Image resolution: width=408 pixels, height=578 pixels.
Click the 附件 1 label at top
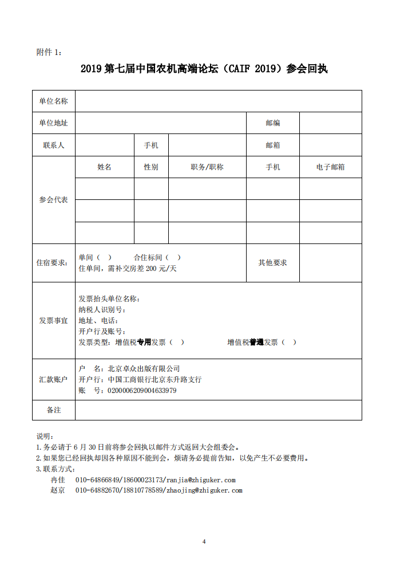(x=49, y=53)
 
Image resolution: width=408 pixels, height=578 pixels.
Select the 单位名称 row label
(x=53, y=101)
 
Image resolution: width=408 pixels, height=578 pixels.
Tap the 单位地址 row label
(x=53, y=123)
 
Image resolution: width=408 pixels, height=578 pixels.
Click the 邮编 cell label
(x=273, y=123)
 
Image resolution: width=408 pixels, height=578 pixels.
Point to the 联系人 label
(x=53, y=146)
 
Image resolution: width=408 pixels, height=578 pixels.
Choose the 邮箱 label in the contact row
(x=273, y=146)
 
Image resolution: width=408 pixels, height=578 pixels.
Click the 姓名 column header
(x=105, y=167)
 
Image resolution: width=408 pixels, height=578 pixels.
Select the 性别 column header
(x=151, y=167)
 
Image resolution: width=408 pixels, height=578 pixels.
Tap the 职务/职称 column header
(x=207, y=167)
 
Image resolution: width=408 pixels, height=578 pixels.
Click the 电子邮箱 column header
(x=330, y=167)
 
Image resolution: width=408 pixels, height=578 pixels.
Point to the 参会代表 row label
(x=53, y=200)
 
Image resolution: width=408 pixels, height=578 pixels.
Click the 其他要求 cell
(x=272, y=263)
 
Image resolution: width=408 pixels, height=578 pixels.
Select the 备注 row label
(x=53, y=410)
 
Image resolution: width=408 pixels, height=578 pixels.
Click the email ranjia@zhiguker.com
(x=200, y=480)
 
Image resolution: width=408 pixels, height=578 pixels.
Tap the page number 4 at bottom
(x=204, y=541)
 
